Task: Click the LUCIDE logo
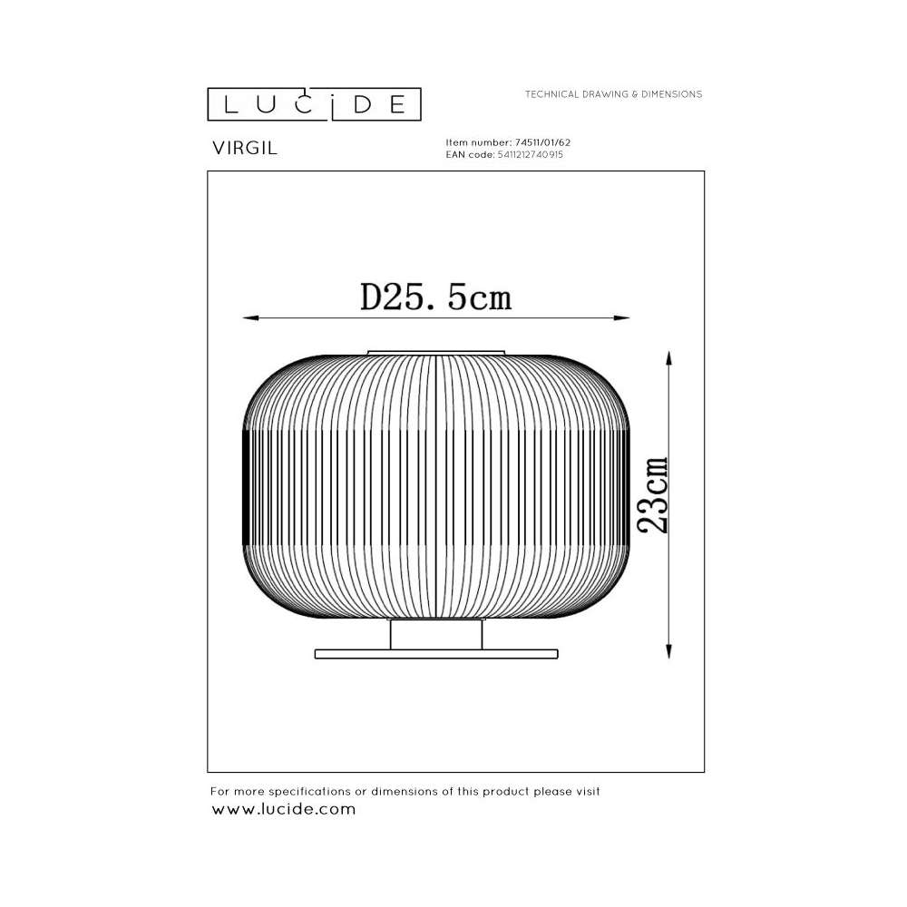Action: click(x=314, y=104)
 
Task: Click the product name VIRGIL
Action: click(x=245, y=148)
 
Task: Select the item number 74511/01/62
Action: click(x=542, y=142)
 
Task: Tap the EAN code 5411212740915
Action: click(x=530, y=154)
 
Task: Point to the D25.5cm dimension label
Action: click(x=435, y=297)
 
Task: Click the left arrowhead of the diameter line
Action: click(x=250, y=317)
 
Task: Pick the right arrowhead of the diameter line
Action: click(x=622, y=317)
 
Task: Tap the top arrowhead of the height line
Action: click(x=668, y=357)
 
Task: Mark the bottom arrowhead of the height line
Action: click(x=668, y=651)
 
